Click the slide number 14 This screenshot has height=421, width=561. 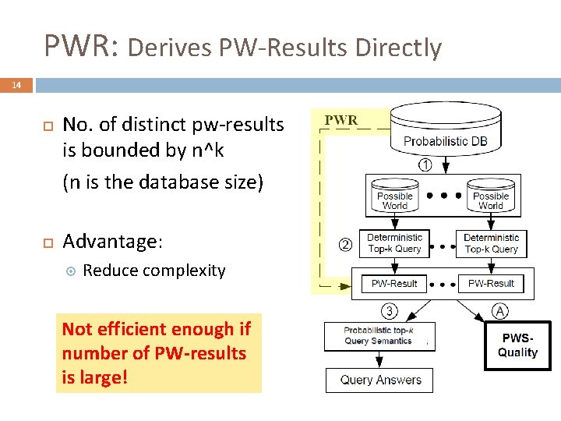coord(16,85)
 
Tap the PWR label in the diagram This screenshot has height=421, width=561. coord(341,120)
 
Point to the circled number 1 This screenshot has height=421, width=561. coord(425,165)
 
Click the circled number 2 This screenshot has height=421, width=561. coord(345,245)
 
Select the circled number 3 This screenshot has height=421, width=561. coord(390,311)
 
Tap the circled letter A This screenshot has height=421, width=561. coord(499,312)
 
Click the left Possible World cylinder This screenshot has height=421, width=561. coord(395,196)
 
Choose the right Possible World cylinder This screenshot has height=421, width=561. coord(491,196)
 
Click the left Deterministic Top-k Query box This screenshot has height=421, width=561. coord(394,243)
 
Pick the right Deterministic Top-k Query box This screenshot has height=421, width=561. coord(491,243)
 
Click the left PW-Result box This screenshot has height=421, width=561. coord(394,284)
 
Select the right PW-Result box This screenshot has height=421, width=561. coord(491,284)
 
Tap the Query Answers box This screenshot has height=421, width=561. coord(380,380)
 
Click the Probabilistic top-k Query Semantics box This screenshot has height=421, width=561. coord(378,336)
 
